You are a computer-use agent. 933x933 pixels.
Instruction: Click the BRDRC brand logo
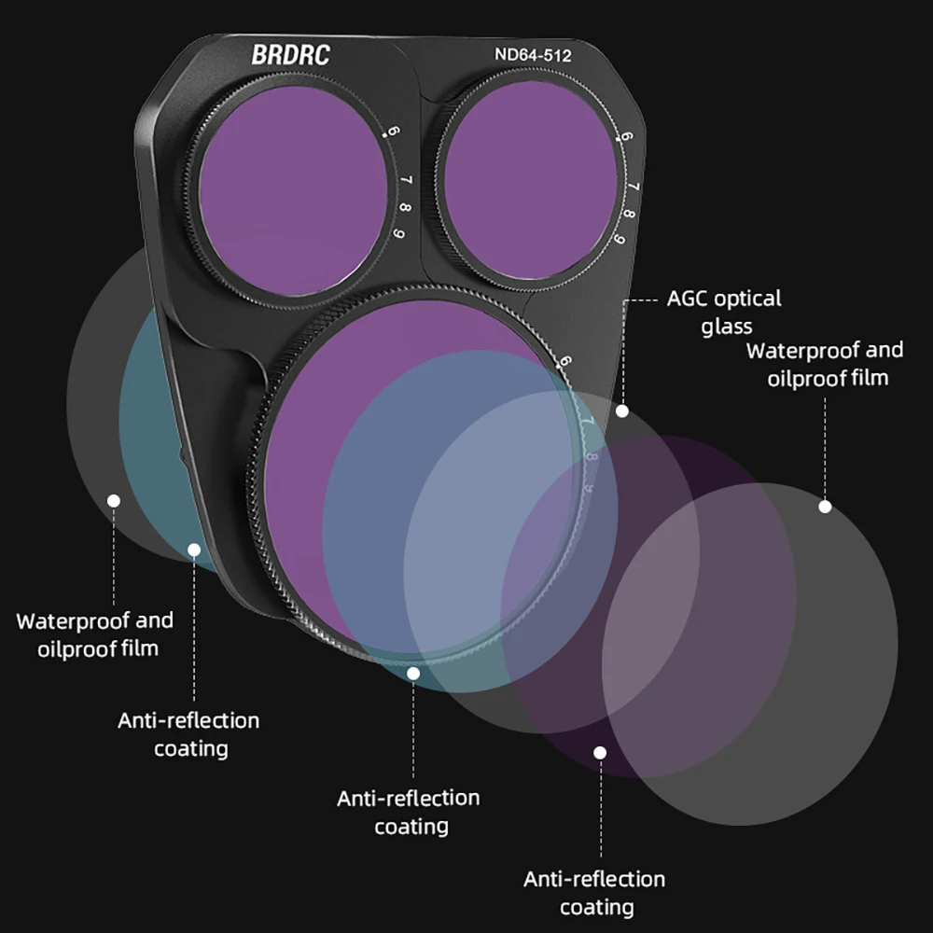pos(290,55)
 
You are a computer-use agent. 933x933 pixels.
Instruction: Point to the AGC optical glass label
pos(724,312)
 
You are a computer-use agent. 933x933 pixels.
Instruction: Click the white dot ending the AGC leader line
pos(622,411)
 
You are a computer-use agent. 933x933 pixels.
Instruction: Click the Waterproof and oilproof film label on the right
pos(826,364)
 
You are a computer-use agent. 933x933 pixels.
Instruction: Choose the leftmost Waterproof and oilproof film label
pos(95,634)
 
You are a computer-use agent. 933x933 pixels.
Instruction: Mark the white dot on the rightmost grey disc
pos(825,507)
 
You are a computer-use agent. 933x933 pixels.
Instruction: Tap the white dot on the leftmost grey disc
pos(114,501)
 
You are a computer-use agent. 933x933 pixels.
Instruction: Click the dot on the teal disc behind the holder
pos(194,550)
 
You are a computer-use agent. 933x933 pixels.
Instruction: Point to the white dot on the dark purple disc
pos(600,752)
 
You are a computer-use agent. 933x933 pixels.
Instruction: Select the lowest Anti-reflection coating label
pos(594,892)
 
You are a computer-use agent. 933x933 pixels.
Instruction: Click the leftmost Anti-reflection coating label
pos(189,733)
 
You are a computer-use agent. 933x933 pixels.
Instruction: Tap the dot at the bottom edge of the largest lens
pos(413,672)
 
